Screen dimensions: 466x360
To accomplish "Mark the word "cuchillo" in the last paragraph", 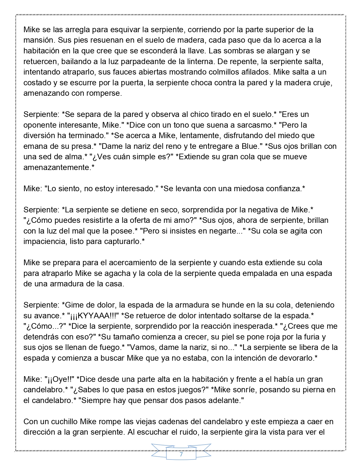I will click(x=61, y=422).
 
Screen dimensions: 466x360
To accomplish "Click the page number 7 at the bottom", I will click(x=181, y=455).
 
